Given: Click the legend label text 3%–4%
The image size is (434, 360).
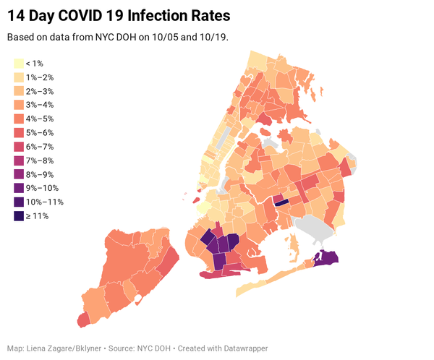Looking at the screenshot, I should point(39,106).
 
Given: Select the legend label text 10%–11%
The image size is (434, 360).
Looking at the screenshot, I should point(42,202).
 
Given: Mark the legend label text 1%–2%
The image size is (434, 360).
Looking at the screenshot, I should point(39,77).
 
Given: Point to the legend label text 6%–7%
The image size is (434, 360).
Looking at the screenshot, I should point(39,147).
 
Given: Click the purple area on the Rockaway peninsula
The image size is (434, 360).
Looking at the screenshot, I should point(328,257).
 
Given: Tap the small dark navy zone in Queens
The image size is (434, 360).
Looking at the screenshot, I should point(281,203).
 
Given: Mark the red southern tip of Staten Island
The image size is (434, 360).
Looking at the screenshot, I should point(84,319).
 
